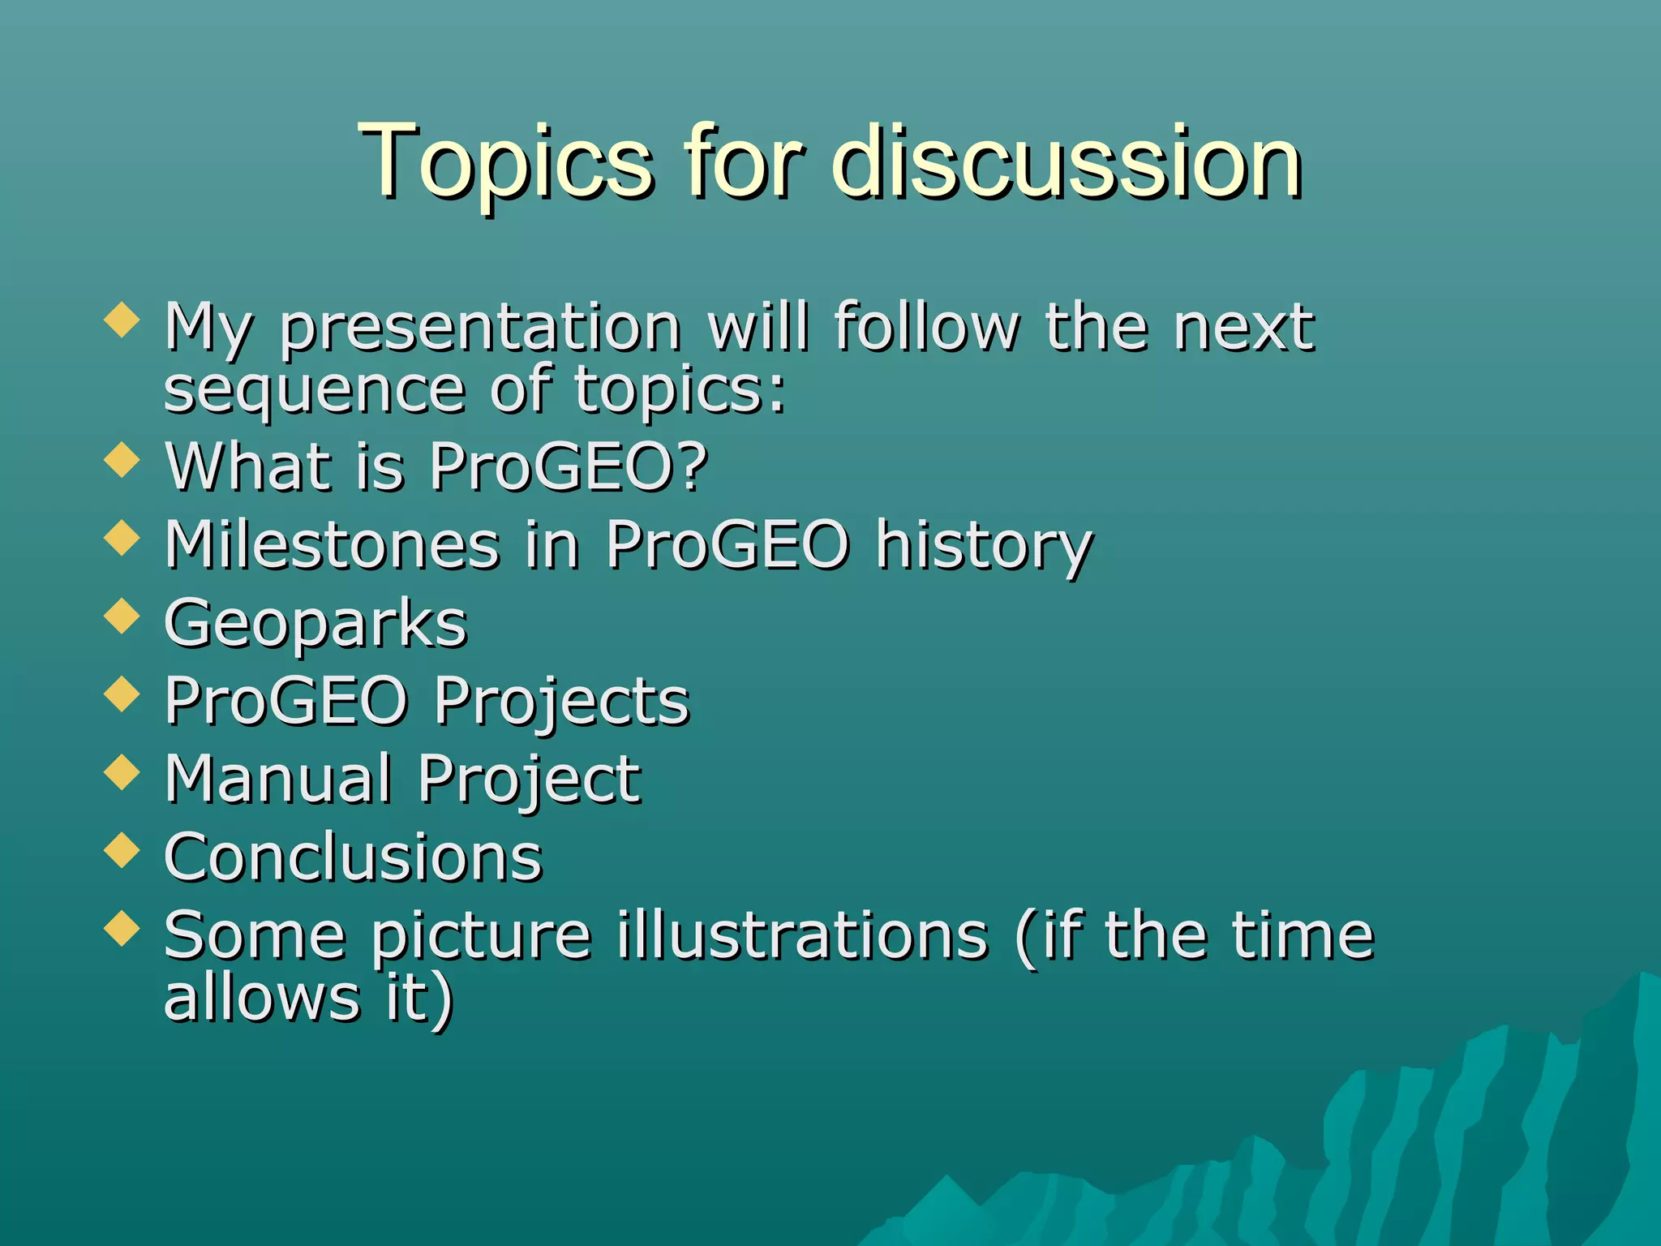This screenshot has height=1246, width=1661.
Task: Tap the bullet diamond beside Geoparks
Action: coord(122,616)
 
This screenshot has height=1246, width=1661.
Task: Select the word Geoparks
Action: coord(315,624)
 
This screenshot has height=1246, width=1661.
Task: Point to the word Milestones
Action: coord(332,544)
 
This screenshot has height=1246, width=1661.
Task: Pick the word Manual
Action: coord(278,779)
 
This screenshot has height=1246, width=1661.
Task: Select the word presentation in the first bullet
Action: coord(480,329)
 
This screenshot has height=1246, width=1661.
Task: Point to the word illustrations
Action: coord(802,935)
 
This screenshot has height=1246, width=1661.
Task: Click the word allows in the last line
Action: coord(261,997)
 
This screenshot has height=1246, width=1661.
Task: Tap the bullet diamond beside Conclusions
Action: coord(122,849)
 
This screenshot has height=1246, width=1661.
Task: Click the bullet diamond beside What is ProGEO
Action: coord(122,460)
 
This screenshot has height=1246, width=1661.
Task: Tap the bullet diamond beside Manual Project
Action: coord(122,771)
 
